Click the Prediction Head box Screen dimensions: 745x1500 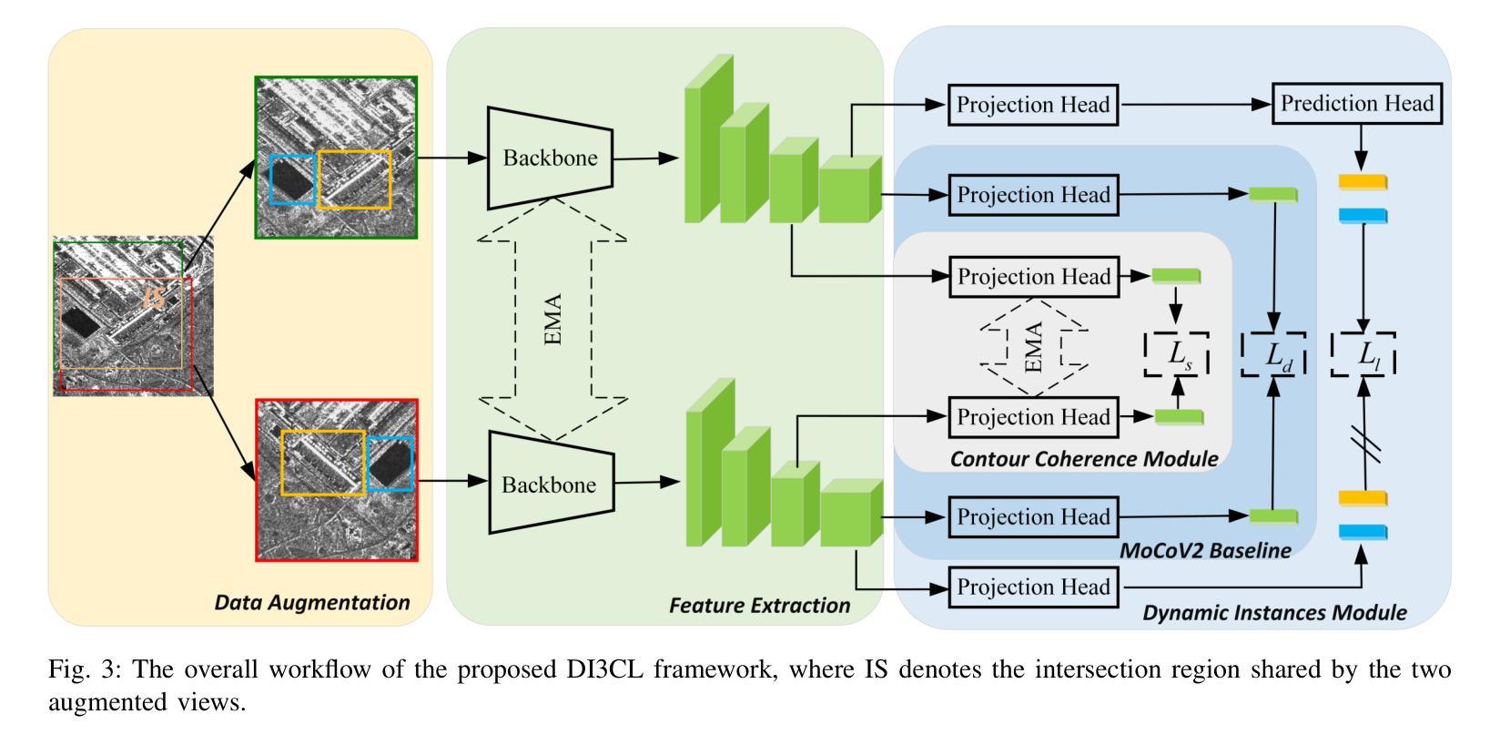[1357, 104]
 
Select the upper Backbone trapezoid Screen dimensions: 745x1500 [550, 158]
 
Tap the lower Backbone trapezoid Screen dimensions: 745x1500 [550, 484]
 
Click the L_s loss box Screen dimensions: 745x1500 [1178, 354]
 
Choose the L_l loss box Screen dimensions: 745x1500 [1363, 354]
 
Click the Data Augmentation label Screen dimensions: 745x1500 [311, 603]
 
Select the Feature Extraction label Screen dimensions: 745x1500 [759, 606]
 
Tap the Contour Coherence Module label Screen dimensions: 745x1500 [1083, 459]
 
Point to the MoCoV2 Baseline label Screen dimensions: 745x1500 [1205, 551]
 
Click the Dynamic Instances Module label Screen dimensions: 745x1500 [1274, 613]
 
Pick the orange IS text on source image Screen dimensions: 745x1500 [156, 297]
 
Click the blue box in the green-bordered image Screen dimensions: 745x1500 [293, 179]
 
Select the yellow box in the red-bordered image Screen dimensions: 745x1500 [323, 463]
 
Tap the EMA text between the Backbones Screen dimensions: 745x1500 [552, 319]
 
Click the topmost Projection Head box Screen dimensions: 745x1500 [1033, 105]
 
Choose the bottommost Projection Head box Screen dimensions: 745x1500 [1033, 587]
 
